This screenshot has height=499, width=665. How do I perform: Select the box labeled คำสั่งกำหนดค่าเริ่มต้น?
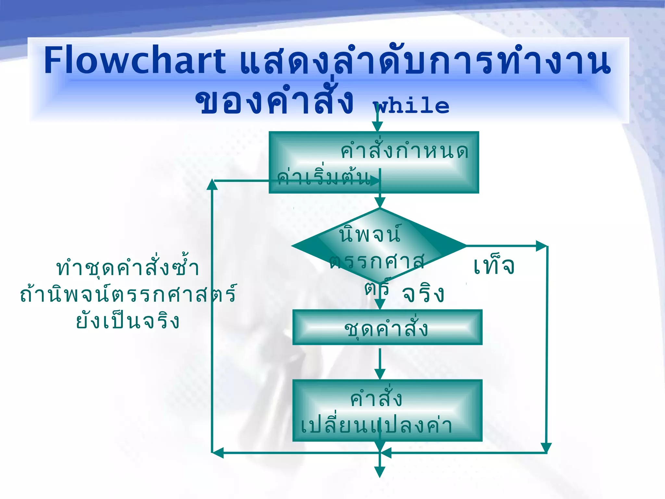373,162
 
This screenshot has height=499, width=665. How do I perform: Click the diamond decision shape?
379,246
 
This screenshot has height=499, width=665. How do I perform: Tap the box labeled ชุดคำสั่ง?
387,327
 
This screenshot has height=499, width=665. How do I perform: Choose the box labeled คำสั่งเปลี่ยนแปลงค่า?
387,411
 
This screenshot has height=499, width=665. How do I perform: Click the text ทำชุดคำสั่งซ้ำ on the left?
128,268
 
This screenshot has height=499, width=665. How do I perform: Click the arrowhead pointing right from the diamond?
541,246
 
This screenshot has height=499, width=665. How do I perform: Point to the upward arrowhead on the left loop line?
212,184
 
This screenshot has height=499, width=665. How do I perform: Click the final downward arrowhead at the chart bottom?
380,472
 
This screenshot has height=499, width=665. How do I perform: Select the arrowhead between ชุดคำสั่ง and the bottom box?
380,374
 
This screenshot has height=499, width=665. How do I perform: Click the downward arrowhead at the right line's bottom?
546,448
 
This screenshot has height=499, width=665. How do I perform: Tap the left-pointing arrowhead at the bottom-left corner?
218,453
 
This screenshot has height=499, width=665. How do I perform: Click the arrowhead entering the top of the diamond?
380,202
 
